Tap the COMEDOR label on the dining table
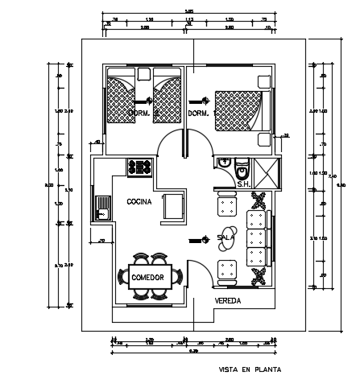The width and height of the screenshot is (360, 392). (x=147, y=278)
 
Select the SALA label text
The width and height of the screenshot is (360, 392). (x=226, y=238)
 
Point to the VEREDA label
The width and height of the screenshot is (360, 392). (x=228, y=300)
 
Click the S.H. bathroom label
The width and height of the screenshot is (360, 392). (x=242, y=184)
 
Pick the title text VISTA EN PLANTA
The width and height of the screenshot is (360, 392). (x=250, y=371)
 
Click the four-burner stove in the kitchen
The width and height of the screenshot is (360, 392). (x=139, y=167)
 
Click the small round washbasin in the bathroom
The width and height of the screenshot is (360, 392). (x=242, y=171)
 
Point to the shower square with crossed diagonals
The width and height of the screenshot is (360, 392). (x=265, y=172)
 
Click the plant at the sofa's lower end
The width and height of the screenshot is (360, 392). (x=260, y=278)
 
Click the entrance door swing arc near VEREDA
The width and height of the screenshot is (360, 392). (x=199, y=274)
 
